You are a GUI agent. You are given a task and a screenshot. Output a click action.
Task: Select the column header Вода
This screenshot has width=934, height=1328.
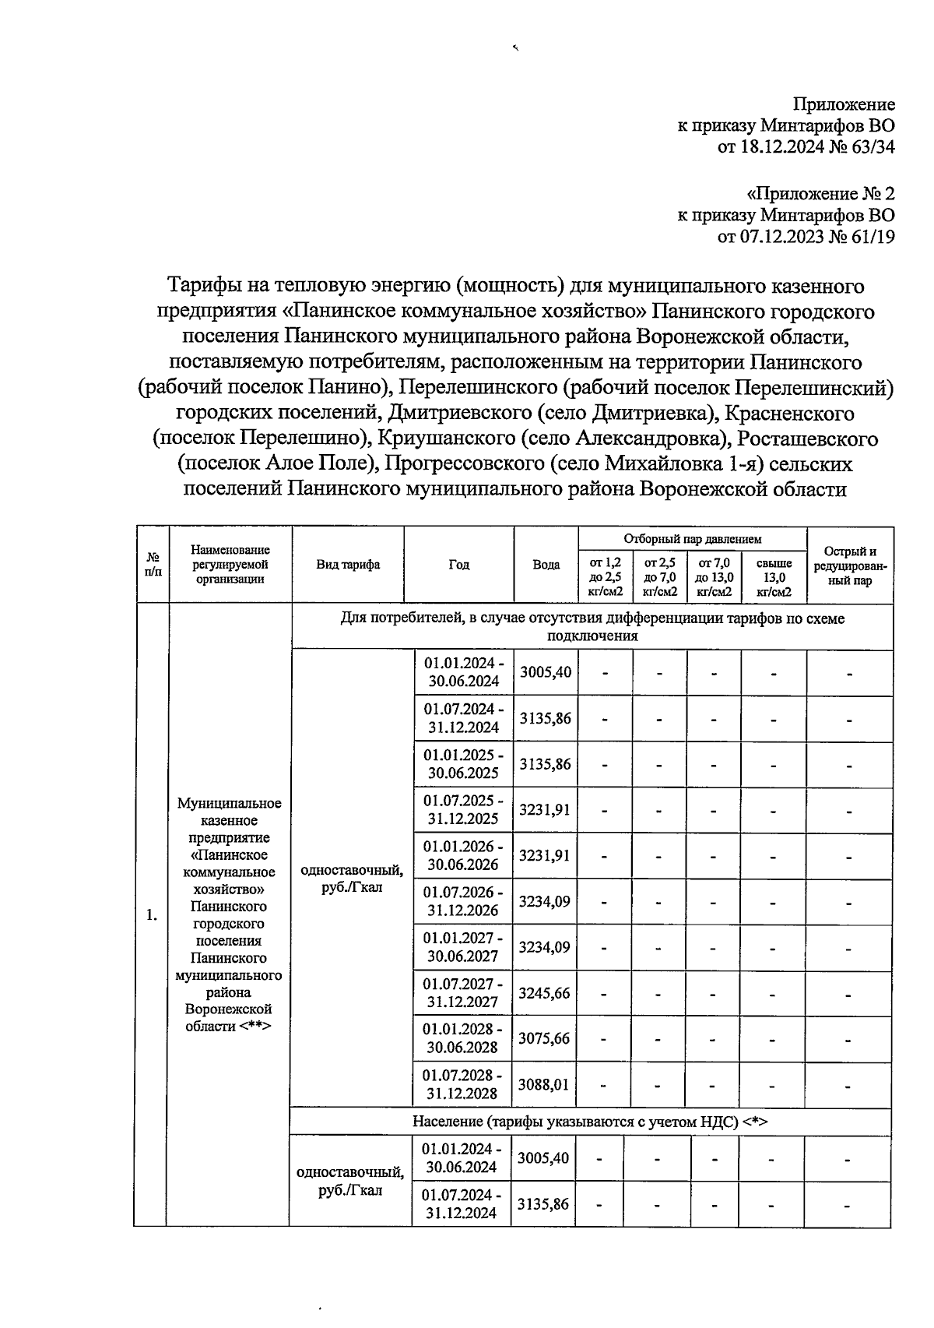pyautogui.click(x=546, y=565)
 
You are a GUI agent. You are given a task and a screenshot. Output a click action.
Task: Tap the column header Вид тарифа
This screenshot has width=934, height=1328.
pyautogui.click(x=348, y=565)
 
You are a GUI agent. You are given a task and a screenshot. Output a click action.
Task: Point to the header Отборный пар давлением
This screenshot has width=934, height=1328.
pyautogui.click(x=692, y=539)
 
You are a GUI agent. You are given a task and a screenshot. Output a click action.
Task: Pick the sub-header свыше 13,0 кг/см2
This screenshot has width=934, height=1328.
pyautogui.click(x=774, y=577)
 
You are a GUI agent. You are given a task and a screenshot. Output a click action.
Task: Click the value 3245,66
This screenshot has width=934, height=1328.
pyautogui.click(x=544, y=994)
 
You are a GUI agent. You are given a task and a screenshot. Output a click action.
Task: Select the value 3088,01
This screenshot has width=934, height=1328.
pyautogui.click(x=544, y=1085)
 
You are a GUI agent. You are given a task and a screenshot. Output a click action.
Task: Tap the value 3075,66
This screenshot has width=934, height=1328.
pyautogui.click(x=544, y=1039)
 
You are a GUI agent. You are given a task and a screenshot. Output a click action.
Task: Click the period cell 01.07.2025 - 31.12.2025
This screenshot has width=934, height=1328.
pyautogui.click(x=463, y=810)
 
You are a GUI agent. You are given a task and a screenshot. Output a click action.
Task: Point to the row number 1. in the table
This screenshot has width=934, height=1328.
pyautogui.click(x=151, y=915)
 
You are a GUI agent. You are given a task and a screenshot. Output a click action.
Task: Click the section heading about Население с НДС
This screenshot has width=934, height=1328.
pyautogui.click(x=590, y=1122)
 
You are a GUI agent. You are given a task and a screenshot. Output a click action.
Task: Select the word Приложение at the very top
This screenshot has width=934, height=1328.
pyautogui.click(x=844, y=104)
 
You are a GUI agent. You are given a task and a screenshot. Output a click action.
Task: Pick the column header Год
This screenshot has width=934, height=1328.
pyautogui.click(x=458, y=565)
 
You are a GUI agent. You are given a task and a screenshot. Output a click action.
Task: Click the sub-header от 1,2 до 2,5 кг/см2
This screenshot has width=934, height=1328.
pyautogui.click(x=606, y=577)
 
